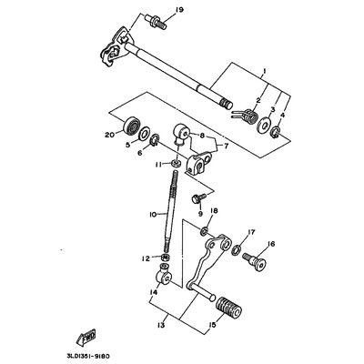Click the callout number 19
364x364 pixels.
click(x=179, y=11)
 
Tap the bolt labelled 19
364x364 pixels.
click(x=155, y=22)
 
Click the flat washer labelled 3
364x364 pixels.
click(x=264, y=126)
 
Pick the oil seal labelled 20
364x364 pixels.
click(x=132, y=125)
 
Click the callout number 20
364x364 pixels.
click(x=111, y=135)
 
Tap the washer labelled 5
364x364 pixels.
click(x=144, y=134)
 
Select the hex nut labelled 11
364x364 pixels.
click(x=176, y=164)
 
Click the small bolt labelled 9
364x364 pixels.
click(x=198, y=197)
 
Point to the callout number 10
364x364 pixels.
click(x=153, y=215)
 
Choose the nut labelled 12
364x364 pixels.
click(x=165, y=258)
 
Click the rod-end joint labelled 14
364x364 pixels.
click(x=164, y=274)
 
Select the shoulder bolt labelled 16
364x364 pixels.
click(x=254, y=262)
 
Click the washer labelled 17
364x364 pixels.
click(x=237, y=250)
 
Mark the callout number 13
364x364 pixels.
click(x=161, y=326)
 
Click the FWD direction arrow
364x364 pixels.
click(x=86, y=337)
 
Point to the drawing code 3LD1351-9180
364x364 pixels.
click(x=86, y=355)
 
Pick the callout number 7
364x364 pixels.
click(x=226, y=147)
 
